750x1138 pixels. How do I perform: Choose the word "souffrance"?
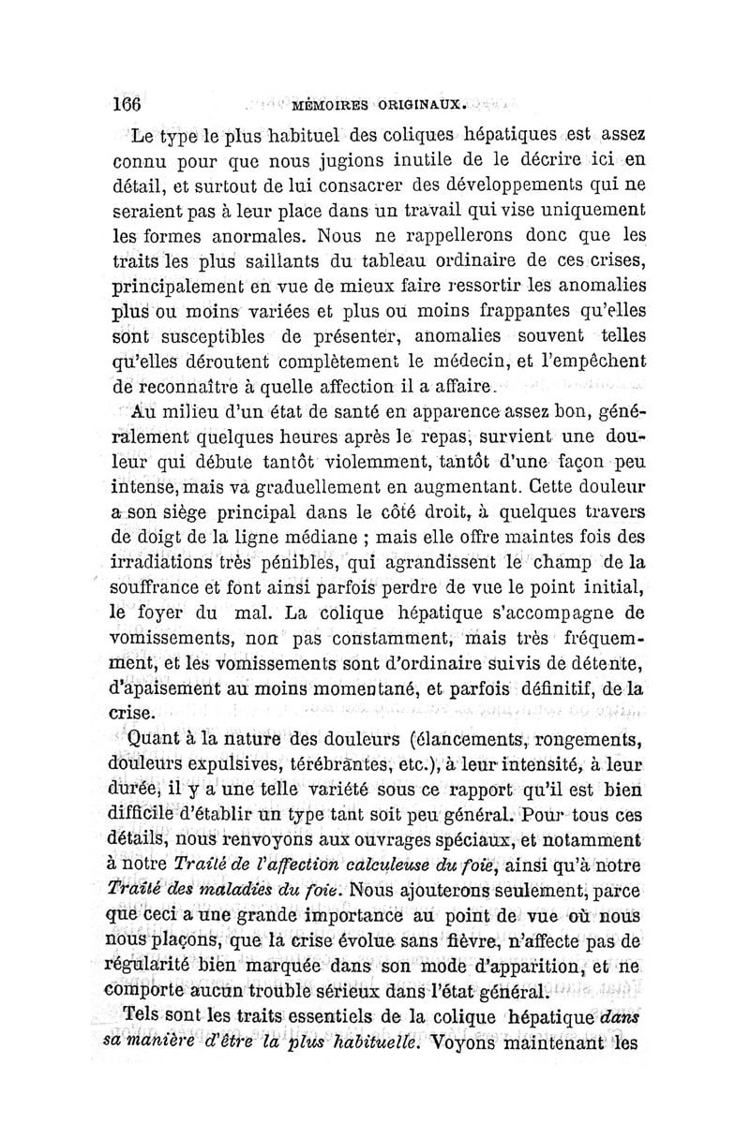[161, 589]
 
